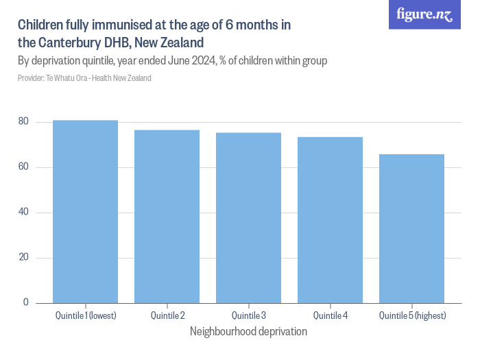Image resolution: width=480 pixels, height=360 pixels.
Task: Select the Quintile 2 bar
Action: coord(167,216)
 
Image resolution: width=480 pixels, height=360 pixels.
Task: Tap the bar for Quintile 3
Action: coord(248,217)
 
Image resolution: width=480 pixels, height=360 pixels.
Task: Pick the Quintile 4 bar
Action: coord(330,219)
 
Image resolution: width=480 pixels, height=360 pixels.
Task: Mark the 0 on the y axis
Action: coord(26,302)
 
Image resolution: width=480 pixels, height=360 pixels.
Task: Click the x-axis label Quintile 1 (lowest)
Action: coord(85,315)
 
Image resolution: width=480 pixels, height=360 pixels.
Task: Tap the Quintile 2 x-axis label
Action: coord(167,315)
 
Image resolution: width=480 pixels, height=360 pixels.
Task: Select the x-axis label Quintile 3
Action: coord(248,315)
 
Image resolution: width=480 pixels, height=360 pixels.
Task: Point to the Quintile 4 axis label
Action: coord(330,315)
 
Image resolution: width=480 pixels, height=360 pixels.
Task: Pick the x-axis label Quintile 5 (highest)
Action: coord(411,315)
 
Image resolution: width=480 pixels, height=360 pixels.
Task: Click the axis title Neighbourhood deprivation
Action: coord(248,331)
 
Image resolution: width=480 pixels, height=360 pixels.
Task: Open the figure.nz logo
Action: coord(425,14)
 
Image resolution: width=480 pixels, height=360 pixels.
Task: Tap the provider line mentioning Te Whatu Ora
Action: coord(84,78)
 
